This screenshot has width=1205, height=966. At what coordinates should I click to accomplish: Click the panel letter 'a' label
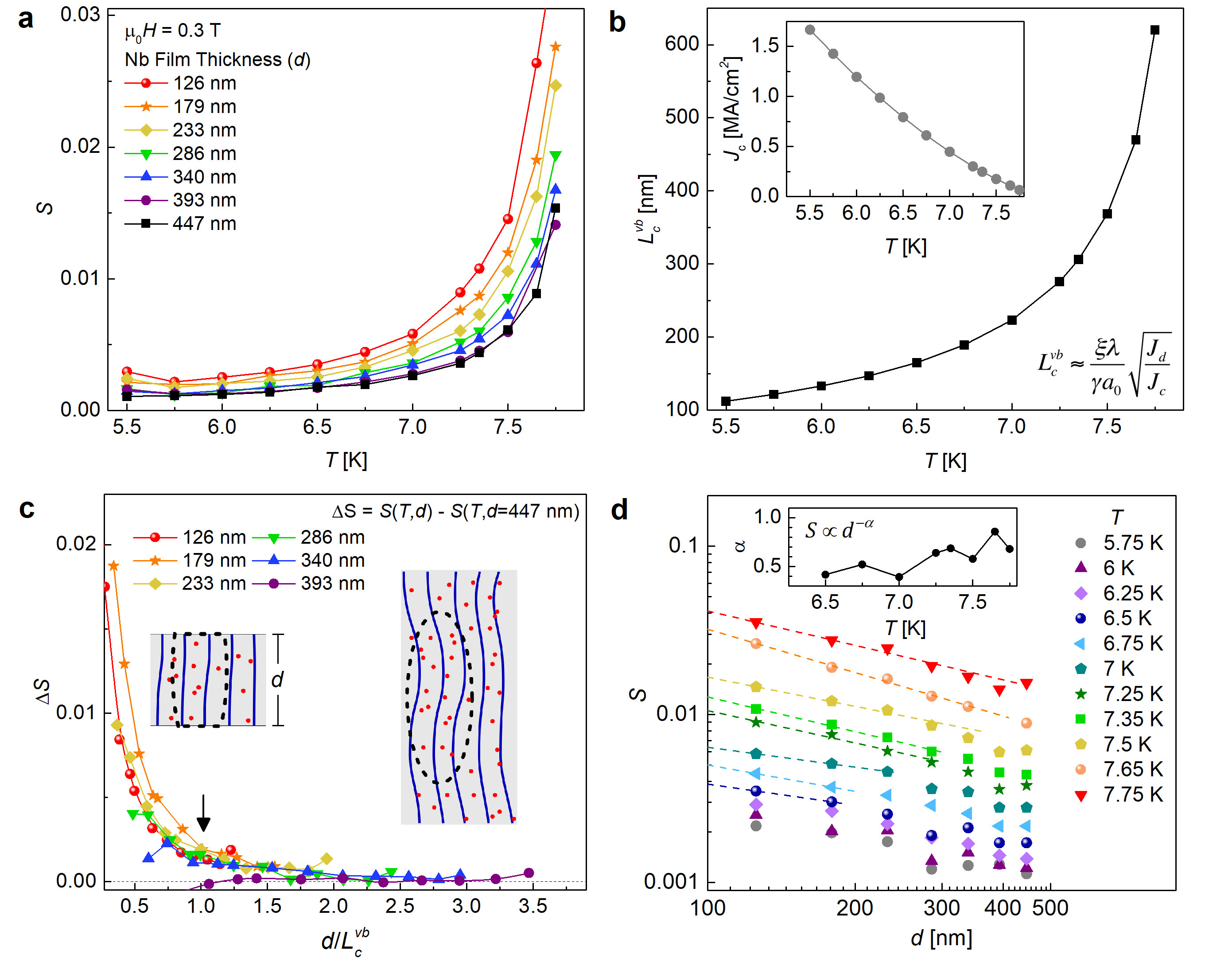pos(26,19)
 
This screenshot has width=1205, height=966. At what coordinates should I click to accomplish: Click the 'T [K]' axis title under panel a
pos(346,460)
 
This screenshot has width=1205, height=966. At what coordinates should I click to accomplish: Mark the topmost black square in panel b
pos(1154,30)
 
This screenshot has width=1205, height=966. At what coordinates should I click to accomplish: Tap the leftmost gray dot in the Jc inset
pos(810,30)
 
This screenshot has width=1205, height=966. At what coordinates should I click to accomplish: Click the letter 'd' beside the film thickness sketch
pos(277,680)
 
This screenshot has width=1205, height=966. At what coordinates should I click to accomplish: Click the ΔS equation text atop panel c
pos(455,511)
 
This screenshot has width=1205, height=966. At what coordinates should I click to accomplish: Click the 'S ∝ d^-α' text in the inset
pos(839,529)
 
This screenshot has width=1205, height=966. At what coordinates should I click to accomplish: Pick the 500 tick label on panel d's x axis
pos(1050,908)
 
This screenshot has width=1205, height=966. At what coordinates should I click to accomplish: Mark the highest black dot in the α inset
pos(995,532)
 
